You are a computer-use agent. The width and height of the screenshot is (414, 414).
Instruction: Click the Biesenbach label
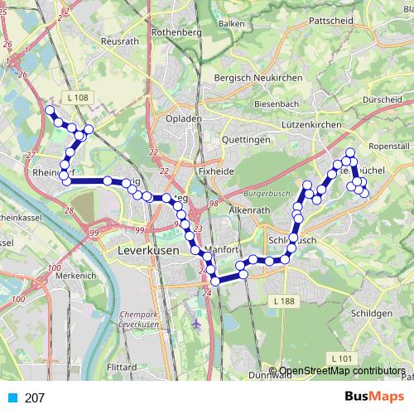point(281,104)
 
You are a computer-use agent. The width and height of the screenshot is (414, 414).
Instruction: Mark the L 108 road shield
point(78,98)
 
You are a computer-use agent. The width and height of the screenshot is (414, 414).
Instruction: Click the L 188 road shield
point(283,302)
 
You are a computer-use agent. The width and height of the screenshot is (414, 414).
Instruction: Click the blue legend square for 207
point(12,398)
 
